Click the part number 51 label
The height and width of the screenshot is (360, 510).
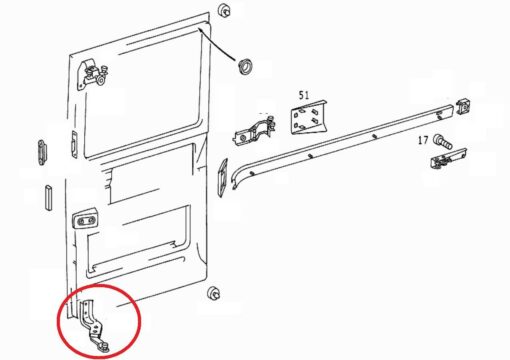[x=304, y=95]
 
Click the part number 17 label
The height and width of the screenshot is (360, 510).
[x=423, y=140]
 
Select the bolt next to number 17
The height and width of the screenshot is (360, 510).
[x=443, y=141]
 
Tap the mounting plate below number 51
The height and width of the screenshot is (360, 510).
[x=308, y=117]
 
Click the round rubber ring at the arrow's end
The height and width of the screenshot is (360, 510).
[x=245, y=65]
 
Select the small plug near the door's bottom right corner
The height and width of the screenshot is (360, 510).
[x=213, y=293]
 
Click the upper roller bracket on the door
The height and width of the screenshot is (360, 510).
[x=93, y=75]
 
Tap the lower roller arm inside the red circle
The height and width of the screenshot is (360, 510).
[x=94, y=325]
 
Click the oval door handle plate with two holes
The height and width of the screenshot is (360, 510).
[x=86, y=219]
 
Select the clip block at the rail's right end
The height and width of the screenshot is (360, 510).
[x=463, y=106]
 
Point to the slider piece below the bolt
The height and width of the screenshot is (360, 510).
[x=448, y=159]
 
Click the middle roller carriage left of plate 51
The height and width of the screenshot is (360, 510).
[x=255, y=131]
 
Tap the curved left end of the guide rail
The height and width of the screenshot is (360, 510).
[x=237, y=177]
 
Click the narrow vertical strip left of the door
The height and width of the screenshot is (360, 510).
[x=49, y=197]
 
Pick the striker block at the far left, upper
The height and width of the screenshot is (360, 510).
[x=42, y=152]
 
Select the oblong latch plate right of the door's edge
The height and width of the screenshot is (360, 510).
[x=222, y=178]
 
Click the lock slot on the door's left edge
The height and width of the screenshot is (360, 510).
[x=74, y=144]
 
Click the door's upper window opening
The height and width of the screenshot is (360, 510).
[x=143, y=90]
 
